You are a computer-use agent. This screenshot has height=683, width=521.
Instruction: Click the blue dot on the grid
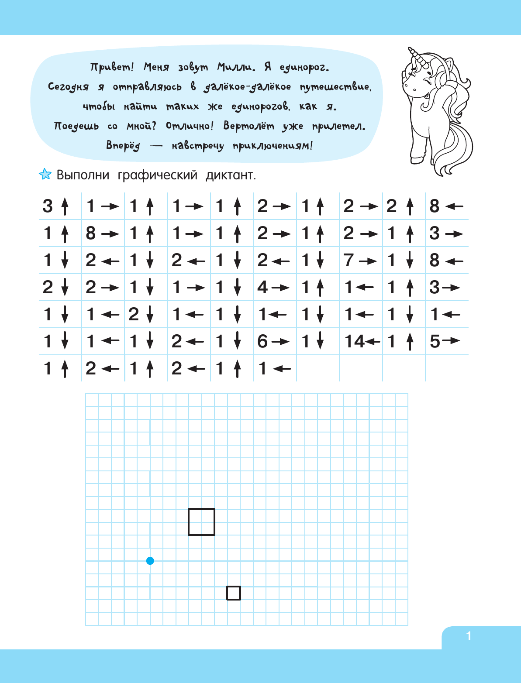click(x=150, y=561)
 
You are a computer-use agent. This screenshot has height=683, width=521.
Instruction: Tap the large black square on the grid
click(x=201, y=522)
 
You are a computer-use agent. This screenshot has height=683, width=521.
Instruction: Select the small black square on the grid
click(x=234, y=593)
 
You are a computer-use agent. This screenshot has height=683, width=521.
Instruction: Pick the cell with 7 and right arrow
click(x=361, y=261)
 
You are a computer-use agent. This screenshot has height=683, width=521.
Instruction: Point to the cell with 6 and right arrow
click(x=274, y=342)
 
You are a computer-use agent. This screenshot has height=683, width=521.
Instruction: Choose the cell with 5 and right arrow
click(x=446, y=342)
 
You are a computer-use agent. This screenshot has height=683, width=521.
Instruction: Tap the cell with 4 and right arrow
click(x=274, y=288)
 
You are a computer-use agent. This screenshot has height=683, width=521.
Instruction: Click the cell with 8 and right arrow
click(x=103, y=233)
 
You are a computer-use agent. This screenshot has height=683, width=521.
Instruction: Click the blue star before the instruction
click(x=45, y=175)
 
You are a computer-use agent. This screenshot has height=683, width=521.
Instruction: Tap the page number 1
click(x=469, y=636)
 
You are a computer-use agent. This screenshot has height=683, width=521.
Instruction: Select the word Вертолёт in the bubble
click(x=249, y=126)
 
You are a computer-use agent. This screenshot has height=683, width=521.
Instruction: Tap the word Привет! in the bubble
click(x=112, y=68)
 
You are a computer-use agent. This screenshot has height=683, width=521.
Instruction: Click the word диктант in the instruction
click(x=231, y=175)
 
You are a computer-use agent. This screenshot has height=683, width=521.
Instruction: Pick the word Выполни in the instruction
click(x=83, y=175)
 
